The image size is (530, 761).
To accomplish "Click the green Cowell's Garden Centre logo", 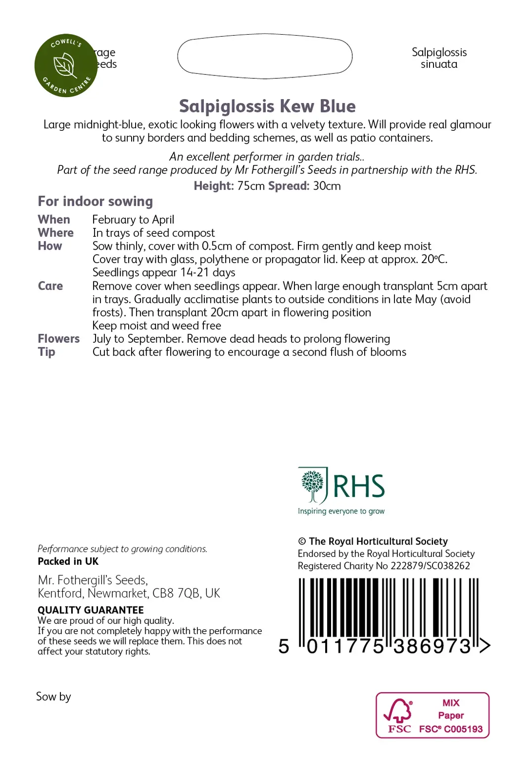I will (x=66, y=65).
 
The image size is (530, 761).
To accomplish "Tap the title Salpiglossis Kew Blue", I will (x=267, y=107).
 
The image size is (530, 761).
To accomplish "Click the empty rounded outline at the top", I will (x=265, y=56).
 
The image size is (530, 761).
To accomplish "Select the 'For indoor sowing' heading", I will (x=96, y=201).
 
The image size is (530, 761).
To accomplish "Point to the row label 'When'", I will (x=54, y=219).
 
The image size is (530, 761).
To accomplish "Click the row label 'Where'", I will (x=55, y=233).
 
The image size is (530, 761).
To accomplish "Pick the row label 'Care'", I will (x=50, y=286).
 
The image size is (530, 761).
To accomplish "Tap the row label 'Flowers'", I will (x=58, y=339).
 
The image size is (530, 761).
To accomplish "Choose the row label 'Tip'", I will (x=47, y=352).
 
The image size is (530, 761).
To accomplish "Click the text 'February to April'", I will (x=133, y=219).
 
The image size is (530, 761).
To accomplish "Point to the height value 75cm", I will (x=251, y=186).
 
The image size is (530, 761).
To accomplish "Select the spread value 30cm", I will (x=327, y=186).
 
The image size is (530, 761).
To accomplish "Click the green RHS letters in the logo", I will (x=359, y=486).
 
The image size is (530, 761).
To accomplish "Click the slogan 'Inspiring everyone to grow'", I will (x=341, y=511).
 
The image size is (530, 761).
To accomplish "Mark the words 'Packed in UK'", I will (x=68, y=561).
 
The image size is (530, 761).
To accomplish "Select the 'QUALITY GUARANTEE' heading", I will (x=91, y=610).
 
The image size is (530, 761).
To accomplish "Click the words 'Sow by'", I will (x=53, y=697).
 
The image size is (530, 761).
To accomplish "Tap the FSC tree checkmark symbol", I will (x=399, y=711).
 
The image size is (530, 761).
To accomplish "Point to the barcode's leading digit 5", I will (x=284, y=647).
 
